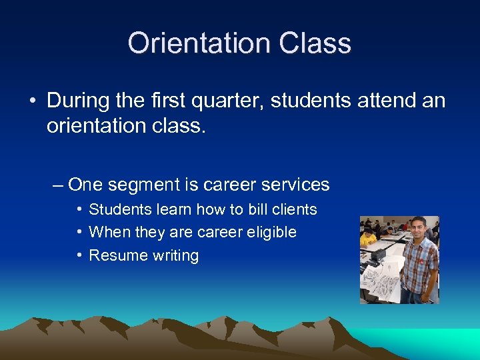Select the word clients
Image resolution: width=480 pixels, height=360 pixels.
(293, 209)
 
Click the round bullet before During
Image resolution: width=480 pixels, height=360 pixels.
(32, 101)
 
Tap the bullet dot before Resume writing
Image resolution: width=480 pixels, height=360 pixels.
(79, 255)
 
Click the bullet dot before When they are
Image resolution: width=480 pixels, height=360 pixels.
(79, 232)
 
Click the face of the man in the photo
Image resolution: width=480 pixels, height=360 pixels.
(417, 227)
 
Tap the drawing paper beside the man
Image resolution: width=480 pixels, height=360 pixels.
(383, 280)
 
